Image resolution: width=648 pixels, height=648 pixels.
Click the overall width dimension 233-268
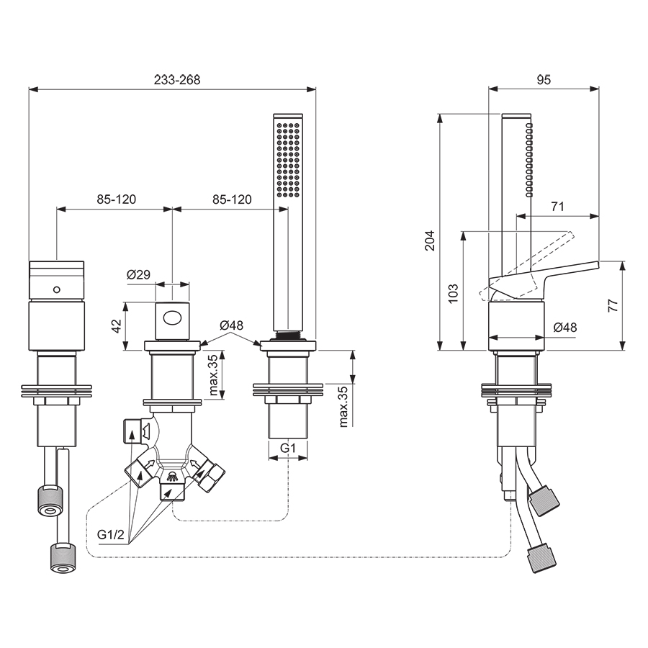[x=176, y=80]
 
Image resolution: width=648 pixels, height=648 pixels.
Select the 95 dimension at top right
[x=544, y=80]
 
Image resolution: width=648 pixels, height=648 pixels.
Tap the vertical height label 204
[x=430, y=239]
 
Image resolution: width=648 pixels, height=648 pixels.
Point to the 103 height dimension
[x=453, y=292]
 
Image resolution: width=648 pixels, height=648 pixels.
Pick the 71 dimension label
[x=557, y=207]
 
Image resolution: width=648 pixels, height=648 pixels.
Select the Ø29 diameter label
[x=138, y=274]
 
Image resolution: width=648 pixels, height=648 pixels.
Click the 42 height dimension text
[x=117, y=325]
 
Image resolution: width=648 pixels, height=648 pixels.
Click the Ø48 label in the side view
[x=565, y=328]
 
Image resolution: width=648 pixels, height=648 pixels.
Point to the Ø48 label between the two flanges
[x=233, y=325]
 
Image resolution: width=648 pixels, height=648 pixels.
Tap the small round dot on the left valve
[x=56, y=289]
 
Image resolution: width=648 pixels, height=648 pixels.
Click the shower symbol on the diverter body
[x=173, y=476]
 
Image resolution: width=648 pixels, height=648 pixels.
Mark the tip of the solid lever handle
[x=596, y=264]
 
